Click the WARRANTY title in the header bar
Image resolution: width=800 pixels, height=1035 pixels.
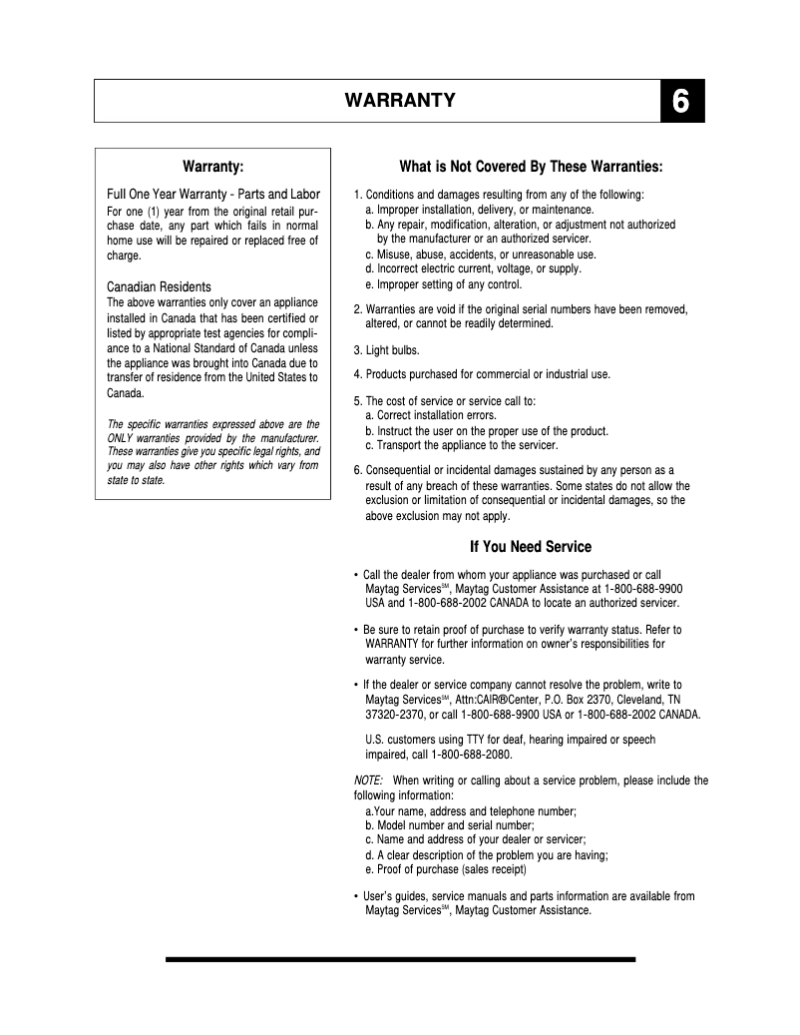(x=400, y=101)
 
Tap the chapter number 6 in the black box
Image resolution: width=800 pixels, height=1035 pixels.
(x=681, y=101)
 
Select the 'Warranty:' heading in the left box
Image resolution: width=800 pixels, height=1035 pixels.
(x=212, y=167)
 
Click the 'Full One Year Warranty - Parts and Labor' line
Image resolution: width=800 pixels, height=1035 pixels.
(x=212, y=194)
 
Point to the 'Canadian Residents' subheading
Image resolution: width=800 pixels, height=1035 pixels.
(x=159, y=287)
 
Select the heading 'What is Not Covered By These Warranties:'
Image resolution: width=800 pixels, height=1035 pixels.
(x=531, y=167)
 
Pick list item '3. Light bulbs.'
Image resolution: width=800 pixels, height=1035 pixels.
(x=387, y=350)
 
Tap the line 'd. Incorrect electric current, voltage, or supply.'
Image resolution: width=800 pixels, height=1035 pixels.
(x=473, y=268)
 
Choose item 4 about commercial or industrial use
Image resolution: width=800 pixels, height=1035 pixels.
(x=482, y=374)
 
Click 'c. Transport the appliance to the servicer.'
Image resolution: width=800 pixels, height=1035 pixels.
(x=461, y=445)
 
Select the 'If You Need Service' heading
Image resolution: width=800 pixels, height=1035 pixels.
(x=531, y=547)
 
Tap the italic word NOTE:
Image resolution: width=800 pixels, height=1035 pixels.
(x=369, y=780)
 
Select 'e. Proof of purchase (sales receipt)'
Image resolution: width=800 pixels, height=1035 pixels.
(x=445, y=870)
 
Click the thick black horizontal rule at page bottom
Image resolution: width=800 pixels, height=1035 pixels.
(x=400, y=959)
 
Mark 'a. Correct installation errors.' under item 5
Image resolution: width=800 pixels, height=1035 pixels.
(x=431, y=415)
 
